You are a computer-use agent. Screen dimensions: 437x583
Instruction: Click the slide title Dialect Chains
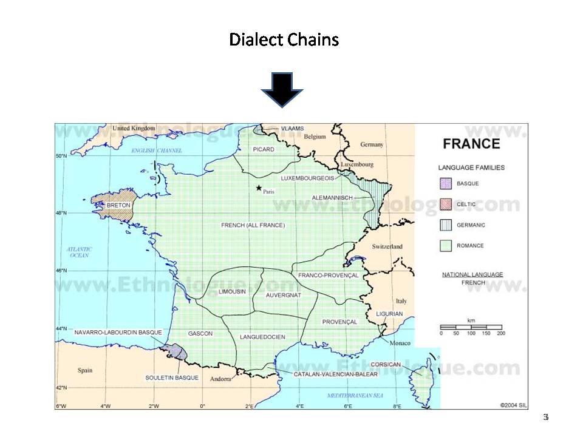click(284, 40)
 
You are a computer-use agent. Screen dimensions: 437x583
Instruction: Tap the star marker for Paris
click(259, 188)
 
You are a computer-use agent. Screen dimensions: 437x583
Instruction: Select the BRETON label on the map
click(118, 206)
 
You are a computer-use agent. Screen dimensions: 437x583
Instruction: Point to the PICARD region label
click(264, 149)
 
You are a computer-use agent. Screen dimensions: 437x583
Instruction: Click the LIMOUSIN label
click(232, 292)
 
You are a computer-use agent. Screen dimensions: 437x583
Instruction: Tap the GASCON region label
click(200, 334)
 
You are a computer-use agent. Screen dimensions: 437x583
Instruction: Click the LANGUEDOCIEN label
click(262, 337)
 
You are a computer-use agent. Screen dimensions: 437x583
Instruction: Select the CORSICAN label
click(386, 364)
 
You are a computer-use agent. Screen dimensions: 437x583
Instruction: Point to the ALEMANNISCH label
click(332, 198)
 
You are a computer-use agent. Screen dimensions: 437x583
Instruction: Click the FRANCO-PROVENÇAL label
click(328, 276)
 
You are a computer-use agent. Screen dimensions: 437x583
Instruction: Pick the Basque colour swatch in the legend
click(446, 184)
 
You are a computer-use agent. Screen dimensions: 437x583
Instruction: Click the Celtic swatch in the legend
click(446, 205)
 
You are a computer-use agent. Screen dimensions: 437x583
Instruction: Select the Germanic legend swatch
click(446, 225)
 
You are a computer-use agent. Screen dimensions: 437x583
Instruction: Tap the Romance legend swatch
click(446, 246)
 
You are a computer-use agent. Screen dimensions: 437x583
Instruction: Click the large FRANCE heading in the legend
click(471, 144)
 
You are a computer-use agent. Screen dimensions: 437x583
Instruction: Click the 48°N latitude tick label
click(61, 213)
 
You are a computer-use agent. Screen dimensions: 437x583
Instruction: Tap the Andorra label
click(221, 379)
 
